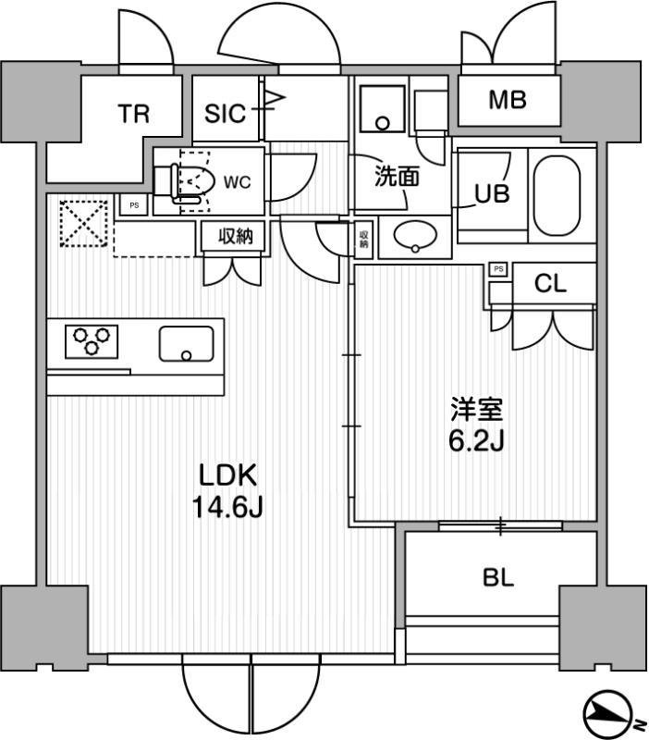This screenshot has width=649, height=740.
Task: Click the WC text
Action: pos(238,182)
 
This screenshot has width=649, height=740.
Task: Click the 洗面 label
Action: pos(395,177)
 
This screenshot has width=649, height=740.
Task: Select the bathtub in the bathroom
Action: pos(561,194)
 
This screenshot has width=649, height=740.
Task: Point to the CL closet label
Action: pos(550,285)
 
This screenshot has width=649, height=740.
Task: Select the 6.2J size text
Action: pos(475,441)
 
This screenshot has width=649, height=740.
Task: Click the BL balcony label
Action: pos(497,579)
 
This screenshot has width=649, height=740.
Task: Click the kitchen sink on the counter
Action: pos(186,343)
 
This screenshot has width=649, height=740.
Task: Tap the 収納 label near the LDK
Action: pos(235,237)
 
